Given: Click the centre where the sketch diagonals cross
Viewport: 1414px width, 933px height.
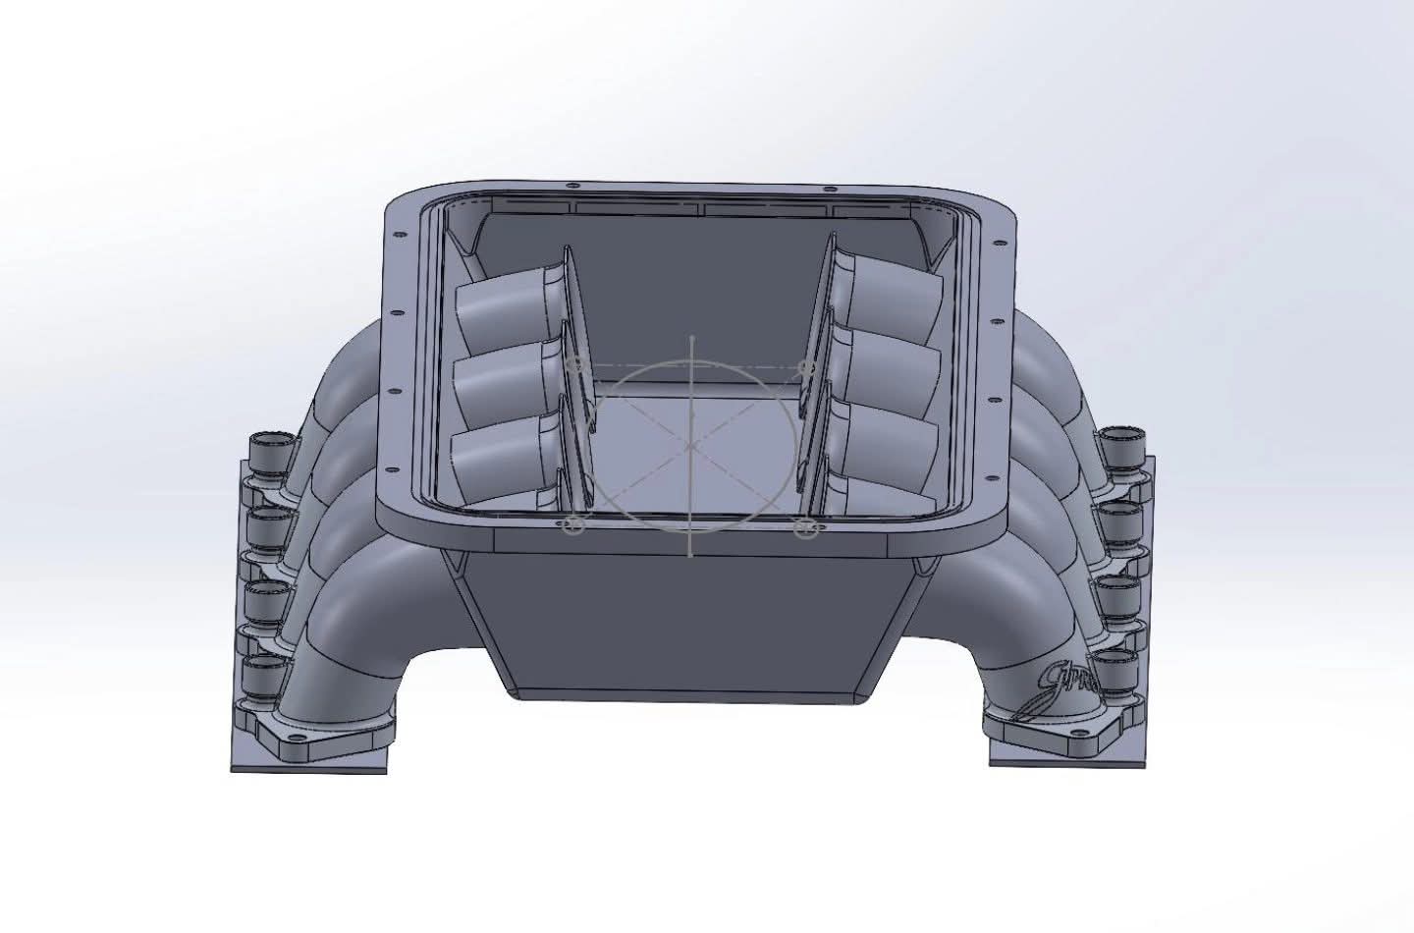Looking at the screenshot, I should [691, 445].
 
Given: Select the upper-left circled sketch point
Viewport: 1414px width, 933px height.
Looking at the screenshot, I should [576, 366].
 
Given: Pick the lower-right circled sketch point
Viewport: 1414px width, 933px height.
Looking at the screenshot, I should [805, 528].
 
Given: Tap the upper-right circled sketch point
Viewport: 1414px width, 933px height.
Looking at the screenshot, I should [807, 366].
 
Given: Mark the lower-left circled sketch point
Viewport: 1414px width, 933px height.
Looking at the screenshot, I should [576, 526].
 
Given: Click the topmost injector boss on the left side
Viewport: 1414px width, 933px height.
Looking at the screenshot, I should [271, 450].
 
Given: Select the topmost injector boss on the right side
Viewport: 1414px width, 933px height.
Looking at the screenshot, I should [1121, 447].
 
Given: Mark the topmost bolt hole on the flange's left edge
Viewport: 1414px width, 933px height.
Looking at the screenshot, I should [399, 236].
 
